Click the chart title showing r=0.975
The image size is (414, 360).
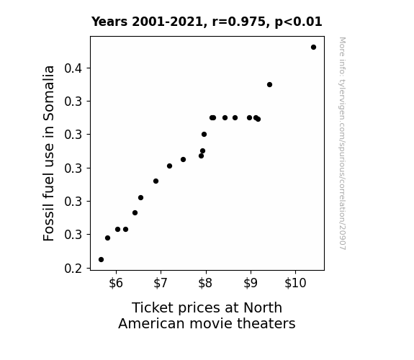coord(207,22)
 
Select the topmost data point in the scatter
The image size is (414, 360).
coord(313,48)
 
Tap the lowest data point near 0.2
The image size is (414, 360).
coord(101,260)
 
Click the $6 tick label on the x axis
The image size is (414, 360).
coord(116,283)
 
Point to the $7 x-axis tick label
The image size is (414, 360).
coord(161,283)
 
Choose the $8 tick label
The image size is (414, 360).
coord(205,283)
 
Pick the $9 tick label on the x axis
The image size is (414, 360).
coord(251,283)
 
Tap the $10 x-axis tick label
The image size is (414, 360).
coord(295,283)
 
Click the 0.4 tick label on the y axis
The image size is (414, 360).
coord(73,68)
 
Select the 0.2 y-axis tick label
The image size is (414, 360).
coord(73,269)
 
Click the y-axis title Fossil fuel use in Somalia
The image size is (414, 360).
coord(48,153)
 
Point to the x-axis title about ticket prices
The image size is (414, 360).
coord(207,315)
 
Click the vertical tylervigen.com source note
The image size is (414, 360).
coord(343,143)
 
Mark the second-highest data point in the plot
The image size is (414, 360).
coord(269,85)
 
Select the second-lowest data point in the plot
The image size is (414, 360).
coord(107,238)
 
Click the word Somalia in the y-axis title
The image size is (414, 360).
coord(48,93)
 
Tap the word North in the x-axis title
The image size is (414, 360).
coord(263,307)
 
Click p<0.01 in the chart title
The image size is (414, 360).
coord(298,22)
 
